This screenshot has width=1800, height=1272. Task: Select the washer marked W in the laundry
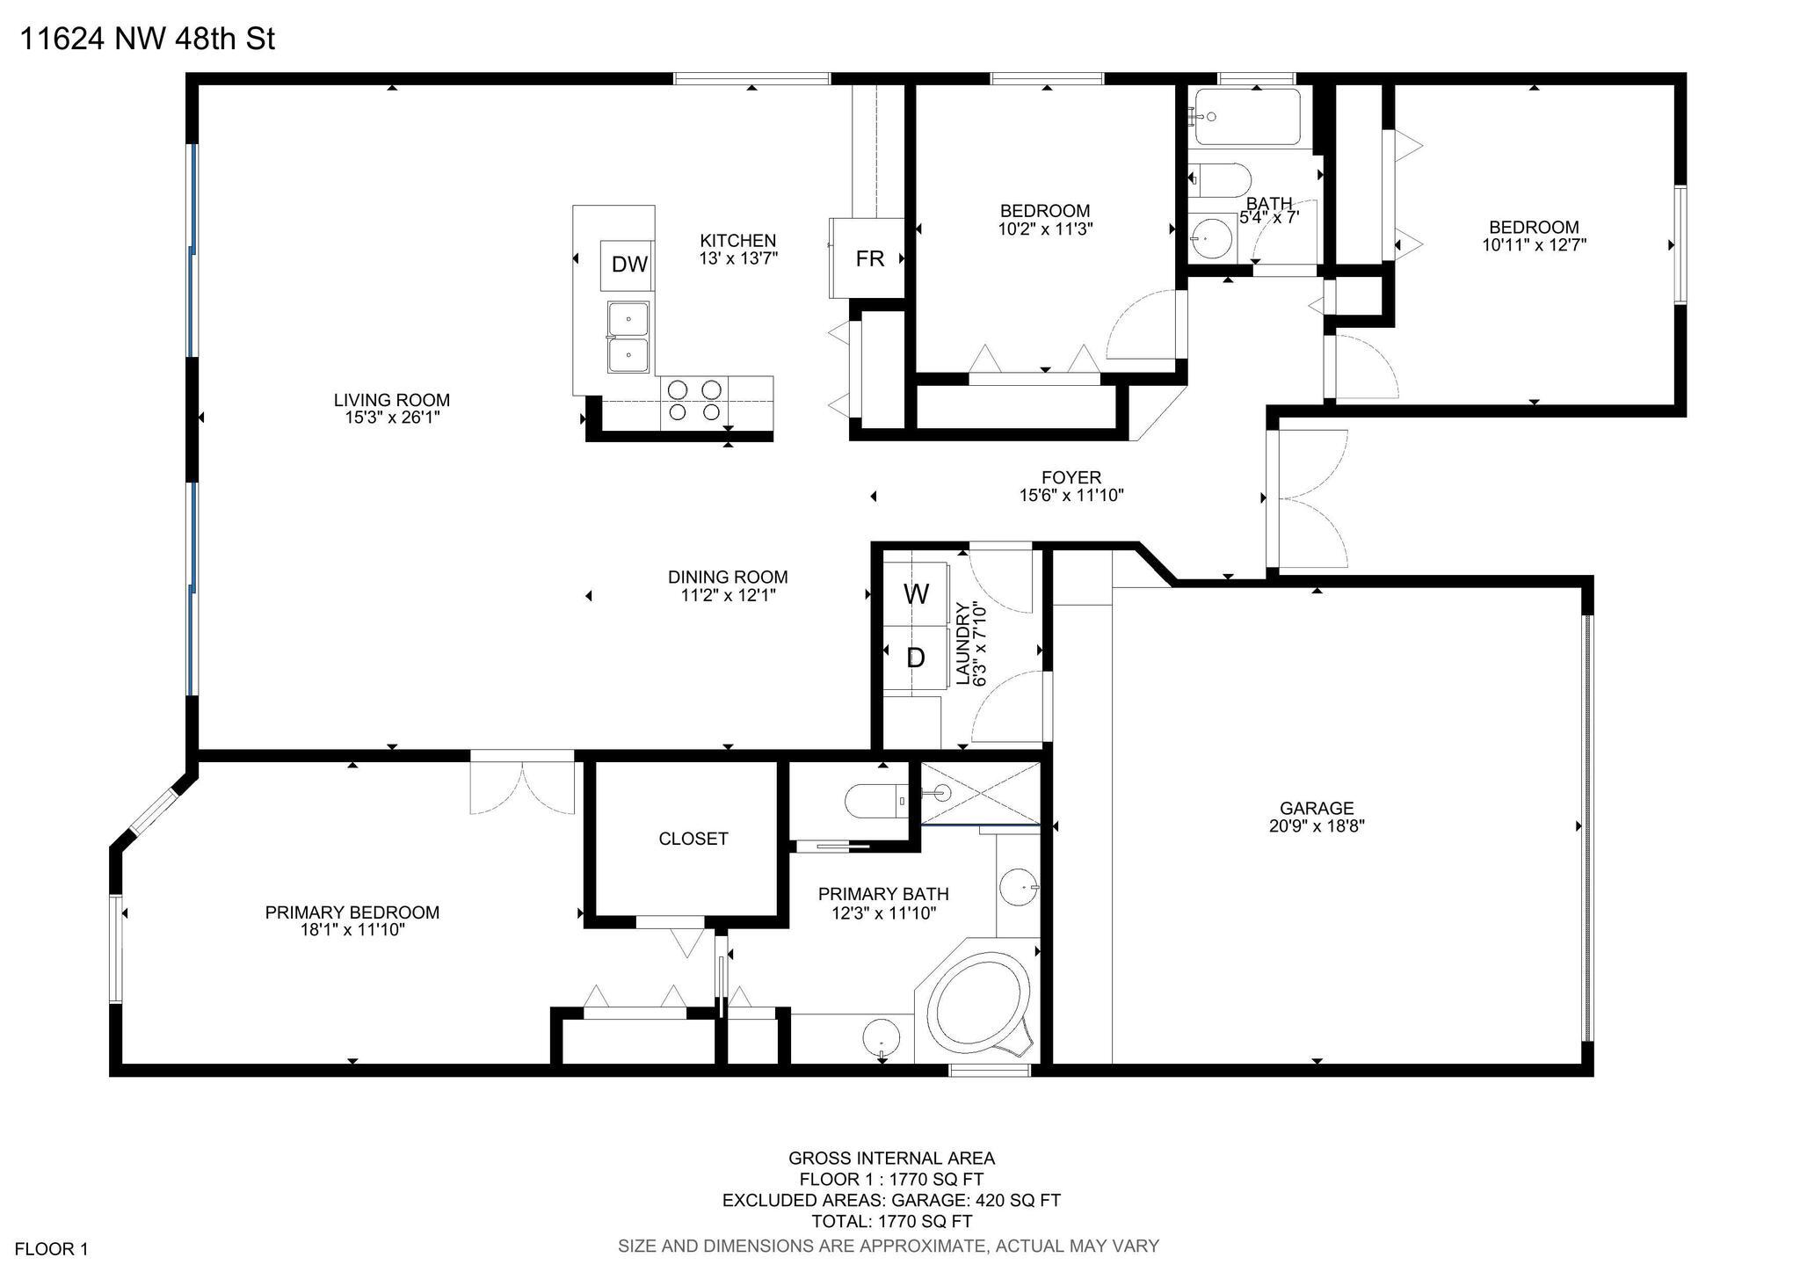pyautogui.click(x=916, y=593)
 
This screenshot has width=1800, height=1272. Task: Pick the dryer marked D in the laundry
pyautogui.click(x=916, y=658)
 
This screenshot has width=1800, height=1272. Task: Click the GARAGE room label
pyautogui.click(x=1317, y=808)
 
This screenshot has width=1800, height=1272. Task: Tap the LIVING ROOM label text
pyautogui.click(x=392, y=400)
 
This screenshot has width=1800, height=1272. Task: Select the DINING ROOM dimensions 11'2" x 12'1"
pyautogui.click(x=727, y=595)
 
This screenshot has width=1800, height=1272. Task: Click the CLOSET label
pyautogui.click(x=693, y=839)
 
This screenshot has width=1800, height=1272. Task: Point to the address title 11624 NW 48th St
pyautogui.click(x=147, y=40)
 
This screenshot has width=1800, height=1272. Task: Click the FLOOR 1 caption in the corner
pyautogui.click(x=52, y=1248)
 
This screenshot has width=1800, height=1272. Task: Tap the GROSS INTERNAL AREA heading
pyautogui.click(x=891, y=1158)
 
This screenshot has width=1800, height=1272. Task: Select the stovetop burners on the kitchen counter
pyautogui.click(x=694, y=400)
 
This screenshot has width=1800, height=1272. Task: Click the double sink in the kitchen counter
pyautogui.click(x=628, y=338)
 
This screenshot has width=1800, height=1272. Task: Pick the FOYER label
pyautogui.click(x=1071, y=477)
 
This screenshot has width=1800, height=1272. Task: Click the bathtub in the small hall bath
pyautogui.click(x=1248, y=116)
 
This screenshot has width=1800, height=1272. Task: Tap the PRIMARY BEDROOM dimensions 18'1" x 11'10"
pyautogui.click(x=352, y=930)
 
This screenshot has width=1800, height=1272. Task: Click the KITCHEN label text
pyautogui.click(x=738, y=240)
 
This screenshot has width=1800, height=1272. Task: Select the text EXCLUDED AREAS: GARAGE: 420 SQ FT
pyautogui.click(x=891, y=1200)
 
